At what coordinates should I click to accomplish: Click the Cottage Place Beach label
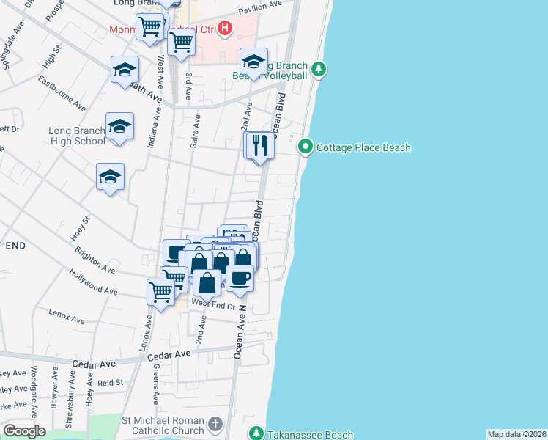363,147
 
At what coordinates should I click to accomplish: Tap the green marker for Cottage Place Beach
306,147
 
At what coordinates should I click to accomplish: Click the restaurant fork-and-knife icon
259,146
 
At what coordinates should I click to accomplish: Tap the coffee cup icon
240,278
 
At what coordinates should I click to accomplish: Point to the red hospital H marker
225,29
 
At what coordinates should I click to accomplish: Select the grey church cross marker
215,424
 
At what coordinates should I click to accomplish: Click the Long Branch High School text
77,136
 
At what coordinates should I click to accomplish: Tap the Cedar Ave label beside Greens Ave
169,355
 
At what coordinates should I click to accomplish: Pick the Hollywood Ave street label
93,281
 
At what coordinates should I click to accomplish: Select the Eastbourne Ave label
64,89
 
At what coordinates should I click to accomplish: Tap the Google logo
24,430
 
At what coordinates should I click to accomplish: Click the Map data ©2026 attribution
516,434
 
